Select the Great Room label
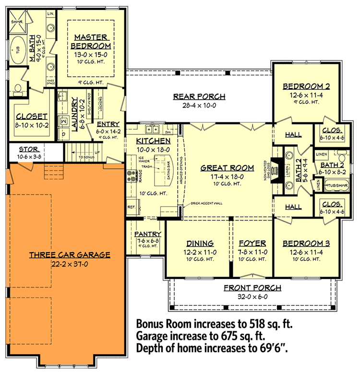click(x=227, y=168)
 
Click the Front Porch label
click(x=252, y=288)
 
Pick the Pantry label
click(x=147, y=233)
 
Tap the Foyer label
click(x=252, y=243)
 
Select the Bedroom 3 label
click(x=306, y=243)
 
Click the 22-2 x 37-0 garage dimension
click(x=70, y=264)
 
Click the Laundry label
click(x=75, y=112)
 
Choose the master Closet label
click(x=31, y=116)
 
